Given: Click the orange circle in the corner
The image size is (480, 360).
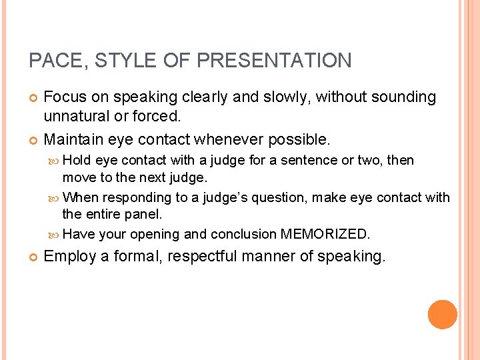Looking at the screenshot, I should [x=442, y=315].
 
